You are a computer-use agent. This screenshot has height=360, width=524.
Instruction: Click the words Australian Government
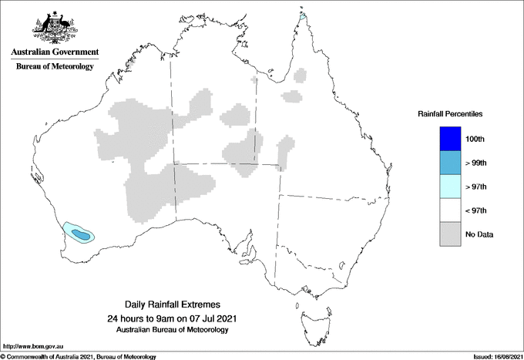click(54, 52)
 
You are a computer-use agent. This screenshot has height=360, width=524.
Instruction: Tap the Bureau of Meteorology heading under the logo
click(54, 67)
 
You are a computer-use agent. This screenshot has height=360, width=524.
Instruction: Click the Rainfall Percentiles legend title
click(450, 114)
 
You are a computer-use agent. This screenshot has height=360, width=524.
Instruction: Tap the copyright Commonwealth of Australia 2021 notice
click(78, 356)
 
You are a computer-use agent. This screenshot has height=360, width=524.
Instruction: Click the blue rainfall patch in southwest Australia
click(80, 232)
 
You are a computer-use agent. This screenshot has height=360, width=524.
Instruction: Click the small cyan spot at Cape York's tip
click(303, 15)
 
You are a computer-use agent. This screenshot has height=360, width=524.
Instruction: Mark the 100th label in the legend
click(476, 139)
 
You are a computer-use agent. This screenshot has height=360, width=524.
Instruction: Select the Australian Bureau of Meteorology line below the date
click(171, 330)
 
